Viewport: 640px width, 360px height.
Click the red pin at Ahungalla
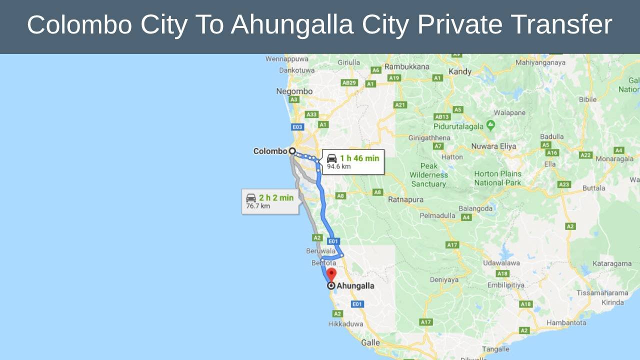331,274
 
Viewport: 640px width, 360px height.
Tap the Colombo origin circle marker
292,151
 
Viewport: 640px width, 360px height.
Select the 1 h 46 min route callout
352,161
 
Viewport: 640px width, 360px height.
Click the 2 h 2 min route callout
270,201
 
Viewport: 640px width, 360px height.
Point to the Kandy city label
460,71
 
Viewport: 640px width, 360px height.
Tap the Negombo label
294,91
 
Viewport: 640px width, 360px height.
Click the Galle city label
370,343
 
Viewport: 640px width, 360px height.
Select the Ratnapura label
405,199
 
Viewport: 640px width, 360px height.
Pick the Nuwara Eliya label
493,146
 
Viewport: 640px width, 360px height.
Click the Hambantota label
566,323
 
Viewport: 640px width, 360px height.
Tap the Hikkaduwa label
345,324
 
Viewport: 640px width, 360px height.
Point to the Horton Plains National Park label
497,178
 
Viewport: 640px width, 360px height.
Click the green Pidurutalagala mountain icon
490,125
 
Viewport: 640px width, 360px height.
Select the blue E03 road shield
297,127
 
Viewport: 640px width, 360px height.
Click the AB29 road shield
349,82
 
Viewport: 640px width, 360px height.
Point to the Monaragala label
614,159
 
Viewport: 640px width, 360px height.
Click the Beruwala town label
320,251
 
